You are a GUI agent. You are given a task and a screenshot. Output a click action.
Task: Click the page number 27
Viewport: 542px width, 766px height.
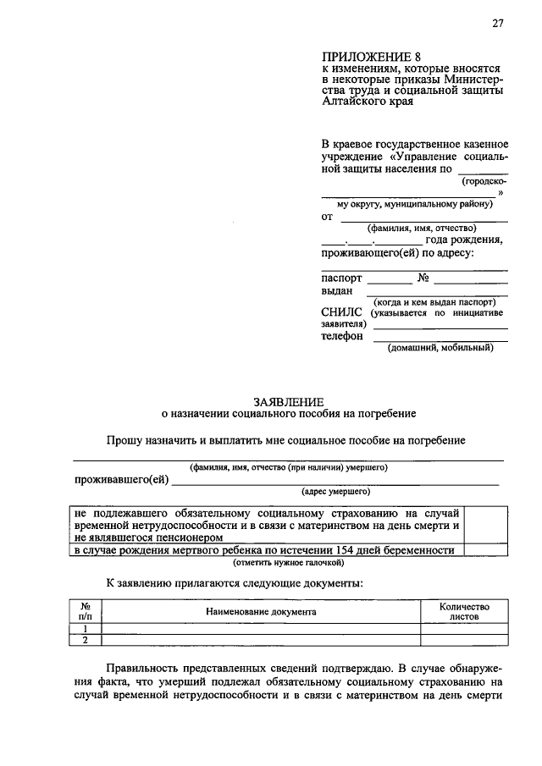497,24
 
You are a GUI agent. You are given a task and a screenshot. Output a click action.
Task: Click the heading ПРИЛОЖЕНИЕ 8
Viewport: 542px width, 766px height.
366,57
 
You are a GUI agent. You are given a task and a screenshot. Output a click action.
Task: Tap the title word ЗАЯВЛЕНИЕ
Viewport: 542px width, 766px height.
288,400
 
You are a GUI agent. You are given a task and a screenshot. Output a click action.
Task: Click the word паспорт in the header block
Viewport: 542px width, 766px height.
341,278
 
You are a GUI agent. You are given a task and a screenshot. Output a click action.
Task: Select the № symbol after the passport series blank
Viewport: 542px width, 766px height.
425,278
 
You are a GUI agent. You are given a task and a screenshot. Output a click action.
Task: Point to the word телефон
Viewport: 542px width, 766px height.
342,335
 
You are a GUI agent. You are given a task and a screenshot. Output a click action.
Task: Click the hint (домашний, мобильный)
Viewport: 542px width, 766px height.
440,348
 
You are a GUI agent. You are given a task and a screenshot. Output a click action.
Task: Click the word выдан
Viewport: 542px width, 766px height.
336,290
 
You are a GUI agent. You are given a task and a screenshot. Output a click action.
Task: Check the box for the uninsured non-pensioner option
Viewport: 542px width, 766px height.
488,525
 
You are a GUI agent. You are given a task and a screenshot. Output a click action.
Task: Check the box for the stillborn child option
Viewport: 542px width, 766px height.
488,549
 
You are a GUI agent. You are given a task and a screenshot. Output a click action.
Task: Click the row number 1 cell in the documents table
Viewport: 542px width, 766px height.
86,629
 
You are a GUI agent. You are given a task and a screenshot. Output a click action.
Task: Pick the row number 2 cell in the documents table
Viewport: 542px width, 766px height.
86,640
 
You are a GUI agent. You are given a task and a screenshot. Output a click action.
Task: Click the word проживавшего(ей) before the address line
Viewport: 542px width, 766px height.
121,480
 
